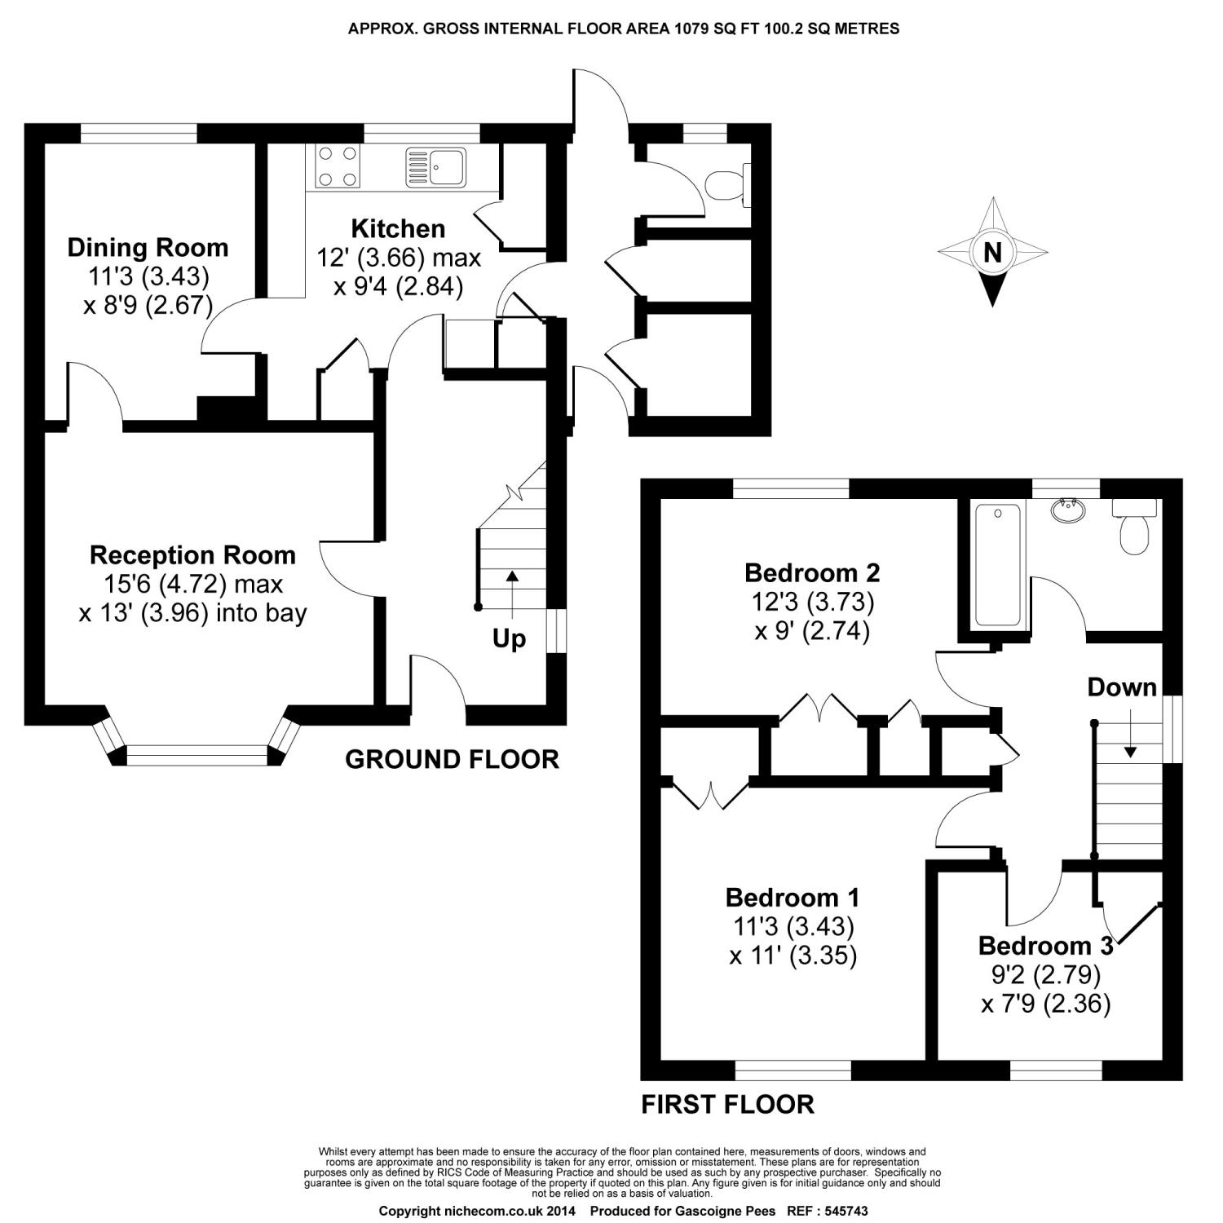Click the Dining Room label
148,248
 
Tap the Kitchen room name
398,228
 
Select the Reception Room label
192,555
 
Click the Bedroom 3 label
1045,946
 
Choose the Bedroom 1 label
792,898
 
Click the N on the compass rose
992,253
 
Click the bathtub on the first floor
996,564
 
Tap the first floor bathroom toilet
1134,528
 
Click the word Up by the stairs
509,639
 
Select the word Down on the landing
1122,687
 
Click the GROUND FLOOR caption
452,759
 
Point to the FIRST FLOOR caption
727,1104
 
